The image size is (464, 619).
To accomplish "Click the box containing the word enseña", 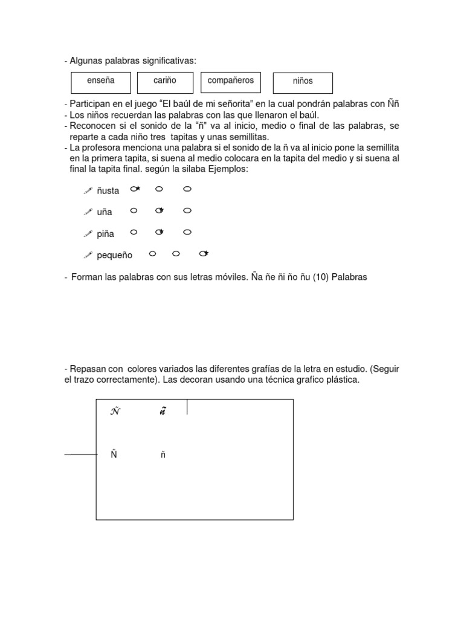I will click(101, 82).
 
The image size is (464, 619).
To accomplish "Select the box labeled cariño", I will click(165, 82).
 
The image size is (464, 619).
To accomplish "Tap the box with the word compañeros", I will click(230, 82).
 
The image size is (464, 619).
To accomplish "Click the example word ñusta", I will click(108, 191).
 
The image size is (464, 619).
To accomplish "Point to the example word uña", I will click(105, 212).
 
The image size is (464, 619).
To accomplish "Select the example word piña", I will click(105, 234).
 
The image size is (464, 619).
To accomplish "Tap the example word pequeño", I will click(114, 256).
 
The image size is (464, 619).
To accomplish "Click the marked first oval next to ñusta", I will click(135, 189).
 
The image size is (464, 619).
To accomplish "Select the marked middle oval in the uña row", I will click(159, 210).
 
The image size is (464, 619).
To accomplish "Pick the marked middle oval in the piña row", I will click(159, 232).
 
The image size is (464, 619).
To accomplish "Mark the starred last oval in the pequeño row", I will click(204, 253).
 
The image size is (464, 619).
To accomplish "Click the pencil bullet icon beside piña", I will click(87, 233).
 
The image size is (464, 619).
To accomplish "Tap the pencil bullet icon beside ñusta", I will click(87, 190).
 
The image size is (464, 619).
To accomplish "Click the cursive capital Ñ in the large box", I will click(115, 412).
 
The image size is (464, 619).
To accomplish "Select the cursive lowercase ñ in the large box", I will click(163, 412).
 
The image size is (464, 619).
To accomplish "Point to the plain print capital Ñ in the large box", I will click(113, 455).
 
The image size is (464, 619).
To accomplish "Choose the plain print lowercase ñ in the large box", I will click(163, 455).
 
